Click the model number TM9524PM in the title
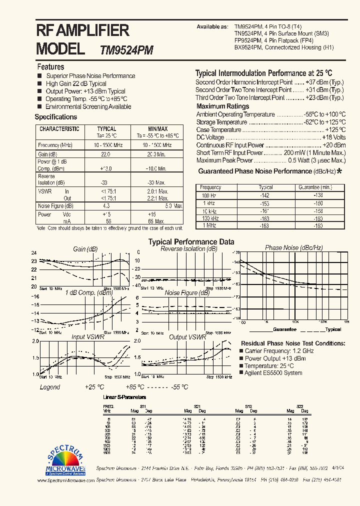tap(126, 50)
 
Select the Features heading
tap(50, 66)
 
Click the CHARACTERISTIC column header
tap(59, 129)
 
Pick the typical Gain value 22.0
tap(105, 154)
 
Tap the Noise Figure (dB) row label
tap(55, 206)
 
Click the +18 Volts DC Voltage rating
tap(333, 137)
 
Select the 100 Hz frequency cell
tap(210, 195)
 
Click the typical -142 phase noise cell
tap(265, 195)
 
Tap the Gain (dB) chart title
tap(85, 249)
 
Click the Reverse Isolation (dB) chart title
tap(189, 248)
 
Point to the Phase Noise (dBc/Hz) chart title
tap(294, 247)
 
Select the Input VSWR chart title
tap(86, 337)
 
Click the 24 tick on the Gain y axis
tap(34, 253)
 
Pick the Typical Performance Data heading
tap(191, 241)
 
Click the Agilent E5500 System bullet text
tap(273, 373)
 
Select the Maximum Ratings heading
tap(222, 106)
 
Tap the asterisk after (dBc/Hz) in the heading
tap(339, 171)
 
